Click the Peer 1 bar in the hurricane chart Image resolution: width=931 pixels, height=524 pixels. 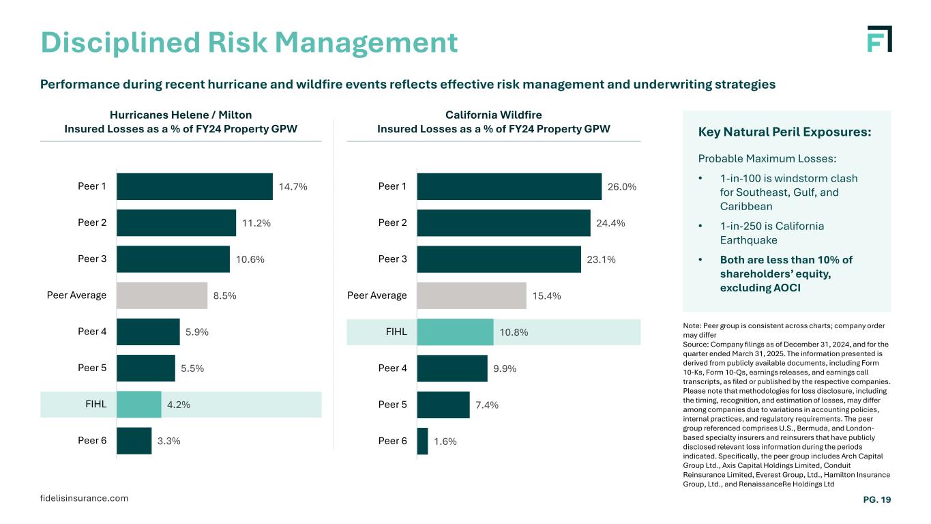(194, 186)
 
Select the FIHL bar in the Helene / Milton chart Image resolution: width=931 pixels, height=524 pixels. (139, 404)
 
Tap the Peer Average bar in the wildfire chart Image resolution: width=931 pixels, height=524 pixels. (471, 295)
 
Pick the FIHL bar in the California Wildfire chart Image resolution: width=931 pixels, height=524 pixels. (455, 332)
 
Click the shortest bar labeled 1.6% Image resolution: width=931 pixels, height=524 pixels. (423, 441)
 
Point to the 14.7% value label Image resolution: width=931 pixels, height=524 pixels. (293, 186)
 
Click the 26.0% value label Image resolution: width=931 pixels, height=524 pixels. (622, 186)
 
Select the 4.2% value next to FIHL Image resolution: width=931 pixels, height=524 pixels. (179, 404)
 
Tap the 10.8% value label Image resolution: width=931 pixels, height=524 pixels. (514, 332)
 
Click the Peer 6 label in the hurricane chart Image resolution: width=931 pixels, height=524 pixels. (92, 441)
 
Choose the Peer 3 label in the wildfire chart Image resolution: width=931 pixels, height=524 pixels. (392, 259)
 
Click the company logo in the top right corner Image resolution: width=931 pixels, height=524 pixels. (879, 39)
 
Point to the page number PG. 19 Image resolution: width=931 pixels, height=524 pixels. (877, 500)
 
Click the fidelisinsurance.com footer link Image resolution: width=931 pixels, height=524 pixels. (84, 498)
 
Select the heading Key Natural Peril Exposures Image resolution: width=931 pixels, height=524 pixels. (784, 132)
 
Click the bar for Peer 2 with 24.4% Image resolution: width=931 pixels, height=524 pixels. (503, 223)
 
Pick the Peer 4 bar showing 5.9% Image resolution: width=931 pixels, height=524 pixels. (148, 332)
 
